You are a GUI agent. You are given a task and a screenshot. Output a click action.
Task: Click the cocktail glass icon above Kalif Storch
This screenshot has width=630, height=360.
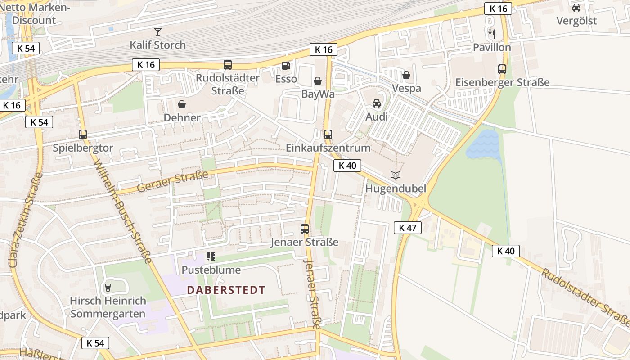[157, 31]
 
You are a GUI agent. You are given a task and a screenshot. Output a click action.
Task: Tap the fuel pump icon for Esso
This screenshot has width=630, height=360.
[286, 66]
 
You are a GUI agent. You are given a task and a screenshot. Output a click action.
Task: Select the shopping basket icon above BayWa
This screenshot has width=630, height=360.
[318, 81]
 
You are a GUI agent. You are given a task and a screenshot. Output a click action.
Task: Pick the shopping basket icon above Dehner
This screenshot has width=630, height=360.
[182, 105]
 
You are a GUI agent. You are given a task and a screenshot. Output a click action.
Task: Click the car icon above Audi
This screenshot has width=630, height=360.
[377, 103]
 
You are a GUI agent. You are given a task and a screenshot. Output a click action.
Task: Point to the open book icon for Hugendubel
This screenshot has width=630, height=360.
[396, 175]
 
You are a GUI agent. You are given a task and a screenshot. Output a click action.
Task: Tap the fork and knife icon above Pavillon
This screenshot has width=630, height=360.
[492, 34]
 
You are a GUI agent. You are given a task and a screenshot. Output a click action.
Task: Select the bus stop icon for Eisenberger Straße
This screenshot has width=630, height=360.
[502, 69]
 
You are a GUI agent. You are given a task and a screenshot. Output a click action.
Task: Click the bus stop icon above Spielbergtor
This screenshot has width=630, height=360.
[82, 134]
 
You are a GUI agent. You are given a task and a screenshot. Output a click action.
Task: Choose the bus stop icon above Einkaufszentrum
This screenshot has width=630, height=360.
[328, 134]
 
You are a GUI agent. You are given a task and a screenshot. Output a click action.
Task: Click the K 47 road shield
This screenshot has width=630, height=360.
[407, 228]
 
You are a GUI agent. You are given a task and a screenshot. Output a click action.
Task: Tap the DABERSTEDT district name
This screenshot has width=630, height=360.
[226, 290]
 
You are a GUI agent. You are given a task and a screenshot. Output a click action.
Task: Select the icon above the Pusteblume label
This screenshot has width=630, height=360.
[211, 256]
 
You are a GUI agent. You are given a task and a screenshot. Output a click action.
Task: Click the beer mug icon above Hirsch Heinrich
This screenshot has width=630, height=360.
[108, 287]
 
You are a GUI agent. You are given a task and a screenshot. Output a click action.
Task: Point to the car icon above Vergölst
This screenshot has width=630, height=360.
[576, 8]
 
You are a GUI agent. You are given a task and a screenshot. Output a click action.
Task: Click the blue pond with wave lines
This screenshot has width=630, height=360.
[484, 145]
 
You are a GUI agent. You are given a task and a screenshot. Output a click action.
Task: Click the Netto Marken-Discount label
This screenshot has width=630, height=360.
[34, 13]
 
